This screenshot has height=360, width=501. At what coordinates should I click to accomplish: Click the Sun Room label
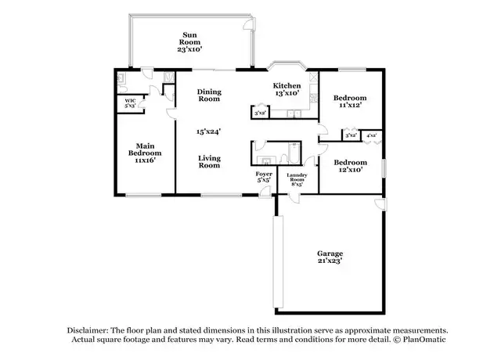189,42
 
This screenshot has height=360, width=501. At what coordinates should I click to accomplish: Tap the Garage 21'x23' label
330,257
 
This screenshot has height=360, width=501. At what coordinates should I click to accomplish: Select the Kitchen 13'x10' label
287,89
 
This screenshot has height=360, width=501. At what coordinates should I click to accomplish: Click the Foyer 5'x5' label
264,177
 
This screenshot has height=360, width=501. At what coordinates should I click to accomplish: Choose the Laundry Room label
297,178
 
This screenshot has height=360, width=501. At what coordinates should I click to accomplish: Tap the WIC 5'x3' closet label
130,103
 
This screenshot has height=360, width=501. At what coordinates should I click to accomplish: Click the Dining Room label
209,95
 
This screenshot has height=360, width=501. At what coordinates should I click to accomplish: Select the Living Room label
209,162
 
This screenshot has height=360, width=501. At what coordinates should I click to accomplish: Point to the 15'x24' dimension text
209,131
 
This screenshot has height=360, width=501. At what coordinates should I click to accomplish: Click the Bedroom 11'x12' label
350,101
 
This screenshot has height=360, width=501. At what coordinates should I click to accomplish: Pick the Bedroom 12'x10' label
351,166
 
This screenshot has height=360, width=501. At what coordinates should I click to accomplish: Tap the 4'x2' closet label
372,135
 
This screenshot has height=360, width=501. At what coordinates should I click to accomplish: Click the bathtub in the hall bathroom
294,153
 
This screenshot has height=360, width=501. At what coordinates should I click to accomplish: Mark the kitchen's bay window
287,64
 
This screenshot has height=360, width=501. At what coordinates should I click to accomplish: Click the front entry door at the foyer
265,193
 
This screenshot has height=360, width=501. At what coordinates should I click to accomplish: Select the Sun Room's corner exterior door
250,23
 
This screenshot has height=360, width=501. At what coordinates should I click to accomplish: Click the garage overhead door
278,261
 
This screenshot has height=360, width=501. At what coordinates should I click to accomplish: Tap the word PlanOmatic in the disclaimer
424,339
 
